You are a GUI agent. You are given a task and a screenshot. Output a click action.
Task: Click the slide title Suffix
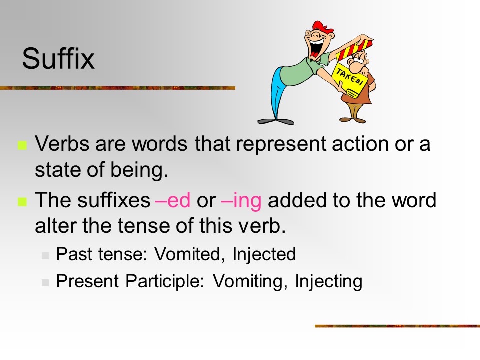[x=58, y=58]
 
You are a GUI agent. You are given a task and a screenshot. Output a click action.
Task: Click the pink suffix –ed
[x=173, y=200]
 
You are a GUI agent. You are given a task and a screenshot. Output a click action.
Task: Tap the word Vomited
[x=187, y=254]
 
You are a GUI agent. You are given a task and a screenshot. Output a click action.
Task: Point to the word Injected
[x=264, y=254]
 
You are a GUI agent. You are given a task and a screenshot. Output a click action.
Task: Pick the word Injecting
[x=329, y=281]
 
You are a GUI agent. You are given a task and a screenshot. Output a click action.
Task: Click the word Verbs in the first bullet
[x=62, y=143]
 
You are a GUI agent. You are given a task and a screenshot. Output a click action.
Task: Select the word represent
[x=281, y=144]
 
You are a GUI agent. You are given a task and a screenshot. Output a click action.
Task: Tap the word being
[x=139, y=170]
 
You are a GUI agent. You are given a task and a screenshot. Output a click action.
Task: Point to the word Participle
[x=165, y=281]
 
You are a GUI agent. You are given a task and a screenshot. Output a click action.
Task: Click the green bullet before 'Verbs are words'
[x=22, y=145]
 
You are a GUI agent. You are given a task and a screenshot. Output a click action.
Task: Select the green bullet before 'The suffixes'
[x=22, y=202]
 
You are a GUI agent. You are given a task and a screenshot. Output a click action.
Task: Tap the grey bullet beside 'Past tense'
[x=45, y=256]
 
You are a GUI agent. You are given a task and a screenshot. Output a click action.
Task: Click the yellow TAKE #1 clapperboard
[x=349, y=80]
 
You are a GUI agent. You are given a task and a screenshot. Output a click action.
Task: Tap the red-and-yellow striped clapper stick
[x=355, y=49]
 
